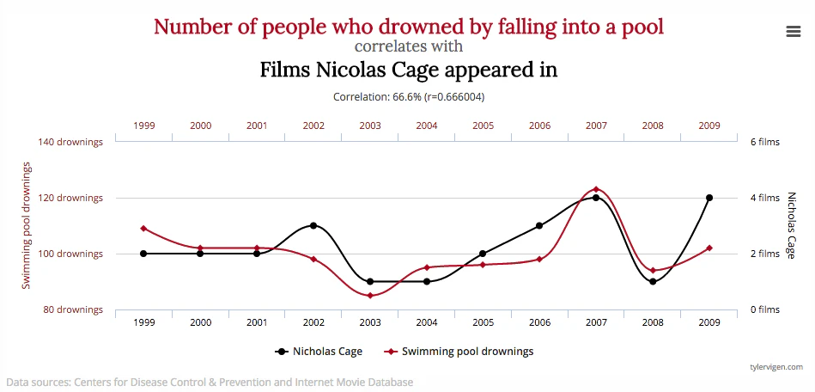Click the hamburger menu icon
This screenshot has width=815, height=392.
(794, 31)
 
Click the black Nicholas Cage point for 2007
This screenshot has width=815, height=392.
(596, 198)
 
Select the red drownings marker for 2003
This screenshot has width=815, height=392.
(370, 296)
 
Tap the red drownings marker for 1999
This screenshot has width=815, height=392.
(143, 229)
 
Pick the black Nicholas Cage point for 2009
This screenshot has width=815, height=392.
(709, 198)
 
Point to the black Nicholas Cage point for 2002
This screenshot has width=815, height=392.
(313, 226)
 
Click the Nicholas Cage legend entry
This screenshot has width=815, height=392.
(319, 352)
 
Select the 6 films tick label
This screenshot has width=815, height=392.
(764, 142)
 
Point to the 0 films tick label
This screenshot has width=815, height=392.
(764, 309)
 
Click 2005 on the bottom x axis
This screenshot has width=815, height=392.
(483, 322)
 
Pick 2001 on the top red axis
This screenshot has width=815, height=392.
(257, 126)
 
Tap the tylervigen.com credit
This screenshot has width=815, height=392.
(775, 367)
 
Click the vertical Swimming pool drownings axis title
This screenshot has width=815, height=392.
(27, 225)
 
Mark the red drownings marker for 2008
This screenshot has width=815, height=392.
(653, 271)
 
